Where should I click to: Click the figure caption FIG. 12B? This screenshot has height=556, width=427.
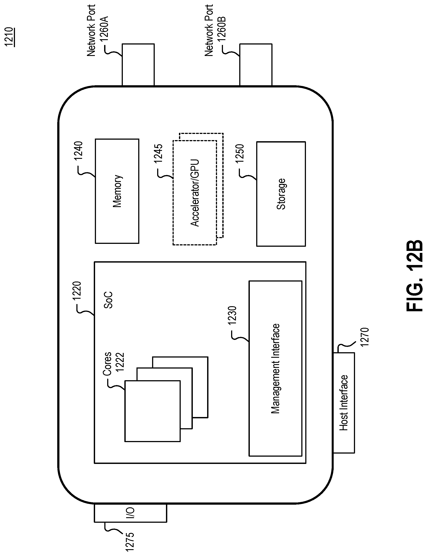tap(414, 276)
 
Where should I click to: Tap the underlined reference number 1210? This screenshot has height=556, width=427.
tap(10, 37)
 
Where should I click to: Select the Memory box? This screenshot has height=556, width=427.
tap(117, 191)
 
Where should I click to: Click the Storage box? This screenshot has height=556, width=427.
tap(281, 194)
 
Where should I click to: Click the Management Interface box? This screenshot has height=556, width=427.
tap(275, 369)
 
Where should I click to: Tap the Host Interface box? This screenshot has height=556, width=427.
tap(344, 403)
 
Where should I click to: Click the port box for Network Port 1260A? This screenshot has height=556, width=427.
tap(138, 65)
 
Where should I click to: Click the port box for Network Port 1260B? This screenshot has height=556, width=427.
tap(256, 65)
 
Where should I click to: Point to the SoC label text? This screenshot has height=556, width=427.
tap(108, 300)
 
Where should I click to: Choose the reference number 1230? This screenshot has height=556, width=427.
tap(232, 316)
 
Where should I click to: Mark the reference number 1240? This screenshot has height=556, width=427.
tap(78, 151)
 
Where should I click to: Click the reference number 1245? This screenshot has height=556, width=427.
tap(158, 153)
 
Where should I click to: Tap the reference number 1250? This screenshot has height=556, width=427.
tap(239, 154)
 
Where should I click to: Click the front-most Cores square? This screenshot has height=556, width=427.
tap(153, 411)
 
